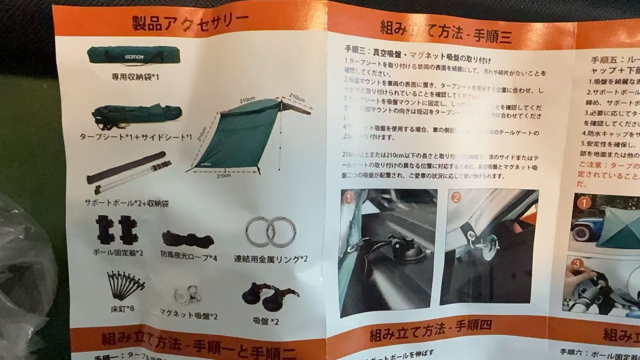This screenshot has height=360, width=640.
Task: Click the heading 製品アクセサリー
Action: [190, 22]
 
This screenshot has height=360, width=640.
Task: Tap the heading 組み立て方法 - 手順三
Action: [446, 32]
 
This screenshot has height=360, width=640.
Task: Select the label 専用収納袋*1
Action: [135, 76]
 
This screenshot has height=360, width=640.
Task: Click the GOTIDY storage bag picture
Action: [135, 55]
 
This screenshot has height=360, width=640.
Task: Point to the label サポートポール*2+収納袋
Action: [126, 203]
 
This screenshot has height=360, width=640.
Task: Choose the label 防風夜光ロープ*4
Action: [189, 258]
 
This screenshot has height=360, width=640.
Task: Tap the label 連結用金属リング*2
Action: [270, 259]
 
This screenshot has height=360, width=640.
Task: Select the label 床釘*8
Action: [122, 309]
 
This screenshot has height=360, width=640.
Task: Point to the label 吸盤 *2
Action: [266, 321]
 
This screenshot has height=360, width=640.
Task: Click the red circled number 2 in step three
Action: [456, 197]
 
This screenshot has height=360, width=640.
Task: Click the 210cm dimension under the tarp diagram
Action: [224, 175]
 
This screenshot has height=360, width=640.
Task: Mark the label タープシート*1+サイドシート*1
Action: [136, 137]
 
